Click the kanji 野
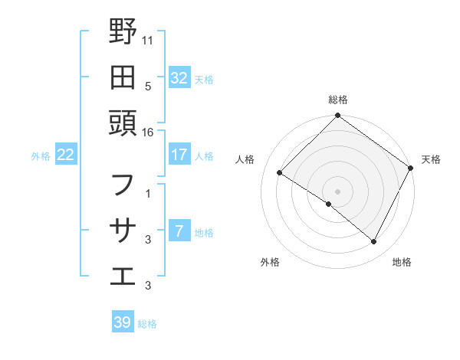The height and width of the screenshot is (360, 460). pos(123,31)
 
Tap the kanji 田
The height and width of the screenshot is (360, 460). pos(123,77)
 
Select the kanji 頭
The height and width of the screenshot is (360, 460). pos(123,122)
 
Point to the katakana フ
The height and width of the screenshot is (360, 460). pos(123,185)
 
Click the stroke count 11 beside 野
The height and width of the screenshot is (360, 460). pos(148,38)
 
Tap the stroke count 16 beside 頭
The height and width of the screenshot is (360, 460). pos(148,133)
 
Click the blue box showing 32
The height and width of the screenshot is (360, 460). pos(179,78)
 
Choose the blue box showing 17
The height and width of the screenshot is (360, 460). pos(179,155)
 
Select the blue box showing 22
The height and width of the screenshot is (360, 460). pos(65,155)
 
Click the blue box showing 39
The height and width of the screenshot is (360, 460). pos(122,322)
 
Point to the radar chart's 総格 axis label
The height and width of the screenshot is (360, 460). pos(338,100)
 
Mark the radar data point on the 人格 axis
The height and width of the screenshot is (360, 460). pos(280,173)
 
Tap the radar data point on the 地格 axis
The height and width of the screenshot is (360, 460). pos(374,242)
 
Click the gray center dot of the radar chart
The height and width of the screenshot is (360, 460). pos(338,191)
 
